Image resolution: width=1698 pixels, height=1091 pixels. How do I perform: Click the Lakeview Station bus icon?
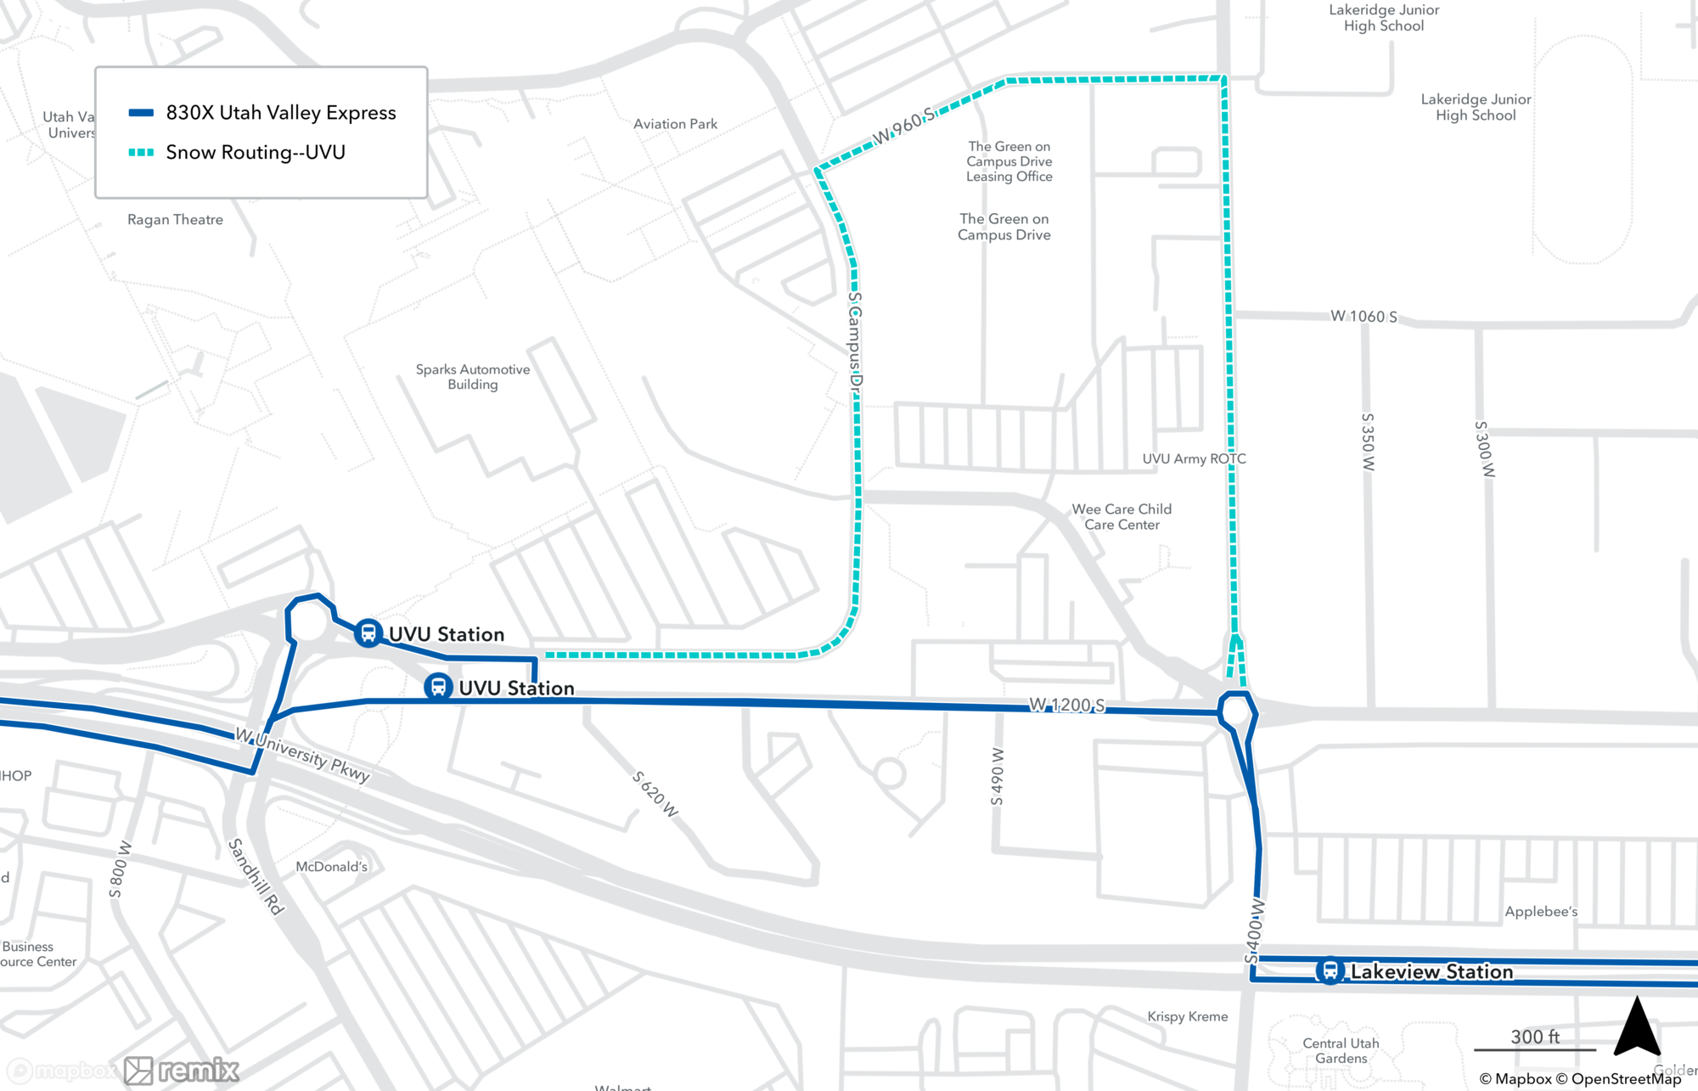click(1330, 970)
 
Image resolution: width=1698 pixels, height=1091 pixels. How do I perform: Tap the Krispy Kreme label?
click(1187, 1016)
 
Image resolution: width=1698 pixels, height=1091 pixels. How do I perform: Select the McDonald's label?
click(331, 866)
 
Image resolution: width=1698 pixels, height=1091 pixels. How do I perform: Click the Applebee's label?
click(1541, 911)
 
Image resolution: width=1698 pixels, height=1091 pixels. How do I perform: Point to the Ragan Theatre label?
click(175, 219)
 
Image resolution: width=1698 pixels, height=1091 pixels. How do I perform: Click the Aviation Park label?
click(675, 124)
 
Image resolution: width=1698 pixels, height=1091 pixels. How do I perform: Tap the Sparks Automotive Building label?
click(473, 376)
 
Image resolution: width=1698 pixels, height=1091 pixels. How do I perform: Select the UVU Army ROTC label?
click(1194, 458)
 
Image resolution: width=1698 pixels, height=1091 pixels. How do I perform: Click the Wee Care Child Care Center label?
click(1122, 516)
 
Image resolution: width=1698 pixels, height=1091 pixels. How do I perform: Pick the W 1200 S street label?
click(1067, 705)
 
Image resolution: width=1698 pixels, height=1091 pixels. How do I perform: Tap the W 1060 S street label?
click(1363, 316)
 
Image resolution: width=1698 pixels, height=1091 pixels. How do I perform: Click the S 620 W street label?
click(655, 794)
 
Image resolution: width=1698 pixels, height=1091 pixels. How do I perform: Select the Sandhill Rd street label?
click(256, 875)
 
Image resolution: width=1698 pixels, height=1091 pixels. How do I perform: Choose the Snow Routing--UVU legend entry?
click(255, 153)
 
